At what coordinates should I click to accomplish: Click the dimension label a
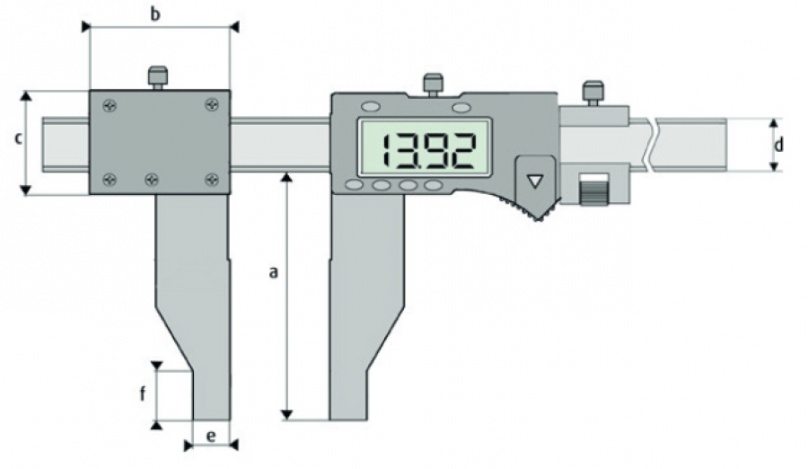[274, 272]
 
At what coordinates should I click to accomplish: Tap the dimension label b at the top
[155, 14]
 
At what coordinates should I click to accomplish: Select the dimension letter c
[19, 138]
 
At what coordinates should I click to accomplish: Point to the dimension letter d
[778, 145]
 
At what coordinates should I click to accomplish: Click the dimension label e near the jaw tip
[211, 437]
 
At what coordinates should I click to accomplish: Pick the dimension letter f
[144, 394]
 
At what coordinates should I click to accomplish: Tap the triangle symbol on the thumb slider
[535, 181]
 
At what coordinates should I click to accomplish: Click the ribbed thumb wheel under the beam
[593, 190]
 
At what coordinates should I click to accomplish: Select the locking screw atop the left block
[158, 78]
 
